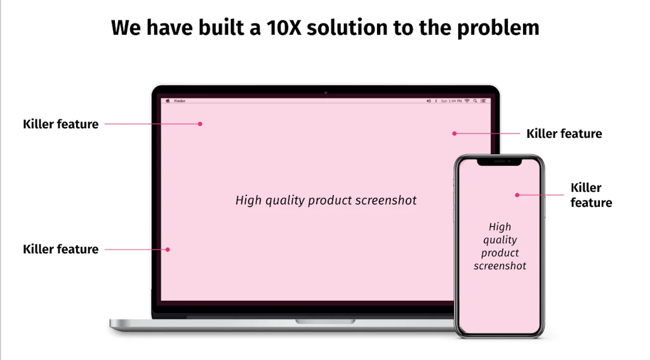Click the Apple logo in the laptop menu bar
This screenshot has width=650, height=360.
coord(168,101)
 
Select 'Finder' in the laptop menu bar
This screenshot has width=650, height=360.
coord(180,101)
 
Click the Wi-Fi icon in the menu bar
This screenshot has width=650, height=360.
coord(467,101)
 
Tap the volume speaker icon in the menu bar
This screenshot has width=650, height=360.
coord(428,101)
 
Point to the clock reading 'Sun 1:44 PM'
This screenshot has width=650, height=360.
coord(451,101)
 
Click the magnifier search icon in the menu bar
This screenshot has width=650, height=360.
coord(475,101)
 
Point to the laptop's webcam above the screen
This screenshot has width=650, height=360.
coord(326,93)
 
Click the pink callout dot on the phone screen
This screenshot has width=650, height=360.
coord(517,195)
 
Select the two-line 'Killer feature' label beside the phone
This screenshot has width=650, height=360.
coord(591,195)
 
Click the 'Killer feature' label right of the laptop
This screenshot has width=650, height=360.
coord(564,134)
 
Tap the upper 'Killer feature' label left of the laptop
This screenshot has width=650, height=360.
coord(60,124)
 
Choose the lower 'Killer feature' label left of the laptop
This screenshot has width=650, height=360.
coord(60,250)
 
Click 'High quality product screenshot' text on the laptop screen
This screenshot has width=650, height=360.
coord(326,201)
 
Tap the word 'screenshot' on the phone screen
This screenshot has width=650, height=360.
coord(500,266)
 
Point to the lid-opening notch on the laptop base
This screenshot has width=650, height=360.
coord(325,322)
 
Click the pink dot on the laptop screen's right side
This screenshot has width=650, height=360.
coord(454,133)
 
